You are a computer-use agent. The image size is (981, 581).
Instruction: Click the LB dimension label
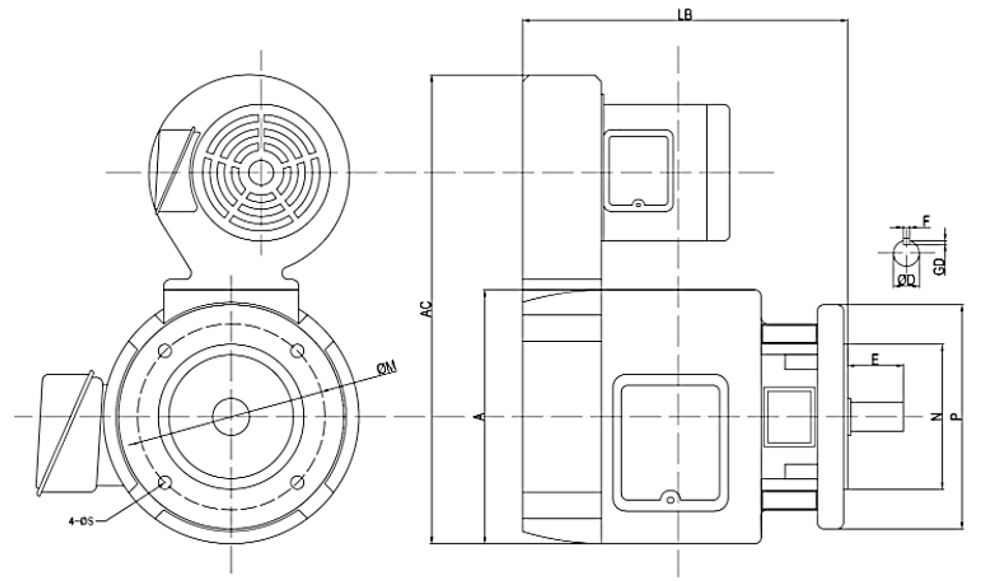[684, 14]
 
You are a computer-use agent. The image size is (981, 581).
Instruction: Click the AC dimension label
[427, 309]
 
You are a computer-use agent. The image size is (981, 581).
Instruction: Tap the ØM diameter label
[386, 369]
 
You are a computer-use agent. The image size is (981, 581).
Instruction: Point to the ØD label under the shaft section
[905, 279]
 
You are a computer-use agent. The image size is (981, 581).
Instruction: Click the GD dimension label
[939, 265]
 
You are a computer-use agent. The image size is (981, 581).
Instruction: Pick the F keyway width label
[926, 220]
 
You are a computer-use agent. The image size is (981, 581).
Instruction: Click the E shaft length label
[875, 358]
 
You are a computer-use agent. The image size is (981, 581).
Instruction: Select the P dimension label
[955, 416]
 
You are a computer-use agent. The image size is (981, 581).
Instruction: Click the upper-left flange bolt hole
[165, 350]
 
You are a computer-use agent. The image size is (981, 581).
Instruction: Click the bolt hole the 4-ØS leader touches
[166, 482]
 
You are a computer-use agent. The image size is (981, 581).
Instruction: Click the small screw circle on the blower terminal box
[637, 203]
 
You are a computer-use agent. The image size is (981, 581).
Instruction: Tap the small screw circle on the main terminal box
[671, 500]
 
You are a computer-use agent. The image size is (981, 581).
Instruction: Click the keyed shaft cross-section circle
[905, 254]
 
